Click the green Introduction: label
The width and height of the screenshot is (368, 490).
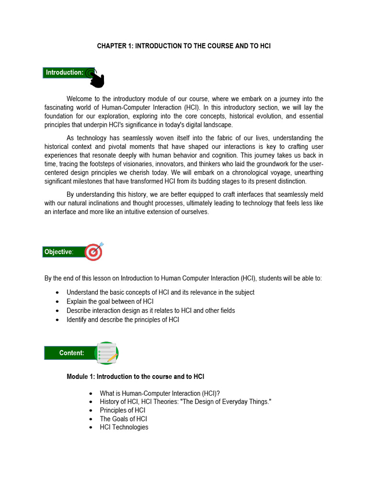coord(64,73)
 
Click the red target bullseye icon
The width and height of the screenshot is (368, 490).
coord(93,252)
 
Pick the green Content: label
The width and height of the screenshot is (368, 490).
coord(71,353)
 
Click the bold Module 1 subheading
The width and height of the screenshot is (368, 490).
coord(136,377)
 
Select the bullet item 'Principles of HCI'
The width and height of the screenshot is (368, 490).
coord(122,410)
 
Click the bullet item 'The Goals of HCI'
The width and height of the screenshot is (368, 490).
coord(123,419)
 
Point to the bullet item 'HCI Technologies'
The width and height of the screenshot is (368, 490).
coord(124,427)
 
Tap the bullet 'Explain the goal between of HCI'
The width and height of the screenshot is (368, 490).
coord(110,301)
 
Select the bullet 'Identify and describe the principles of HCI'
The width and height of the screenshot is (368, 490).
coord(123,319)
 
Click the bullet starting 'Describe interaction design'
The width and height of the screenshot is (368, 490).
coord(150,311)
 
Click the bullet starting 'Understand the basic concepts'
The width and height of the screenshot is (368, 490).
coord(160,292)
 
